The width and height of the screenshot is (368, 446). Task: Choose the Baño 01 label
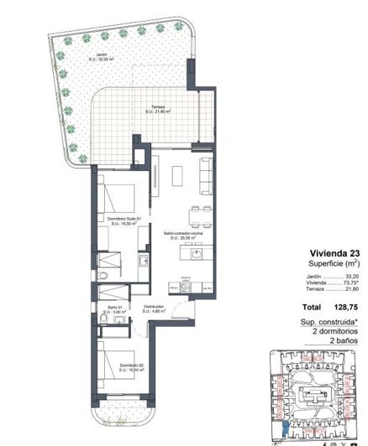(102, 309)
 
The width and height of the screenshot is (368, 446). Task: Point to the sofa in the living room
(205, 174)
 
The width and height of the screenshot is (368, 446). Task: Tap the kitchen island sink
(197, 252)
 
